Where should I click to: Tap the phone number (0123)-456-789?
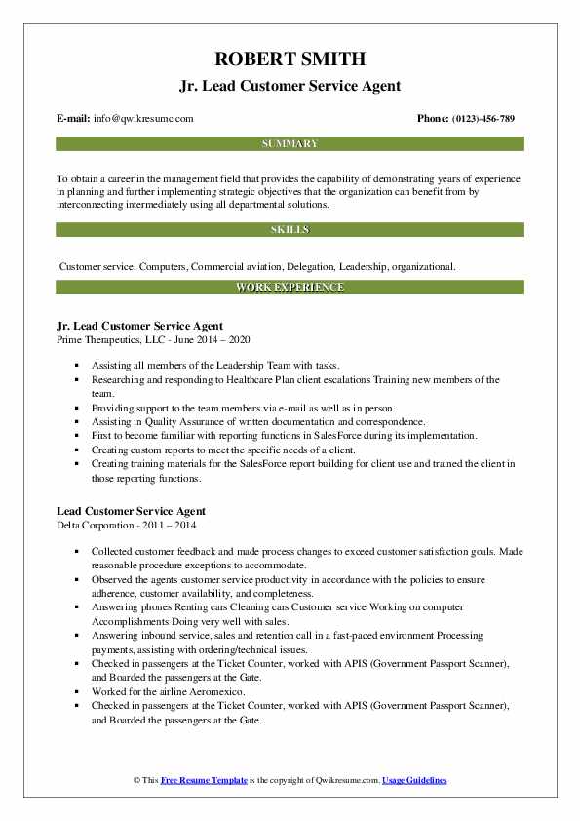[480, 118]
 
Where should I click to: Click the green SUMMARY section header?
[290, 144]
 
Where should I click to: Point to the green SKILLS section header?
[290, 230]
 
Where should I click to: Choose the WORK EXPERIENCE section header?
[290, 288]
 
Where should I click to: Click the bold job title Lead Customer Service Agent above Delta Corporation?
[131, 511]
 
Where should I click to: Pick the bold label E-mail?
[74, 118]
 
